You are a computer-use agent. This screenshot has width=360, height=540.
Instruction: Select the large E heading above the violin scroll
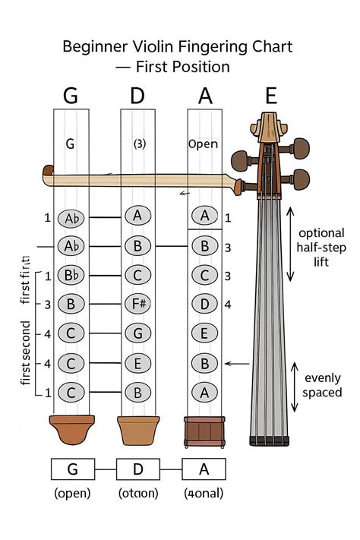pyautogui.click(x=271, y=96)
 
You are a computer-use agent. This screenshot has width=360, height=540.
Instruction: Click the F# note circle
pyautogui.click(x=138, y=304)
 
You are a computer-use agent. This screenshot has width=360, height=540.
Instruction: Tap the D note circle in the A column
pyautogui.click(x=204, y=304)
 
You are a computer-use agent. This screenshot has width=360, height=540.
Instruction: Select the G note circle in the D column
pyautogui.click(x=138, y=333)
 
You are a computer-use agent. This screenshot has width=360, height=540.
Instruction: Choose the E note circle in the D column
pyautogui.click(x=138, y=362)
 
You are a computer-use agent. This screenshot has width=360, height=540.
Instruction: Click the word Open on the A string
pyautogui.click(x=204, y=144)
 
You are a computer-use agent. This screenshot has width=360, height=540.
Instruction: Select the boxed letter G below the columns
pyautogui.click(x=72, y=469)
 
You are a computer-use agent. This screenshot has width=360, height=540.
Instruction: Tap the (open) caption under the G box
pyautogui.click(x=72, y=493)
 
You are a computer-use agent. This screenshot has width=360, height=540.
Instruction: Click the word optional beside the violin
pyautogui.click(x=321, y=232)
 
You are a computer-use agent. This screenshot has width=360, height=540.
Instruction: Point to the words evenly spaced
pyautogui.click(x=323, y=385)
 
